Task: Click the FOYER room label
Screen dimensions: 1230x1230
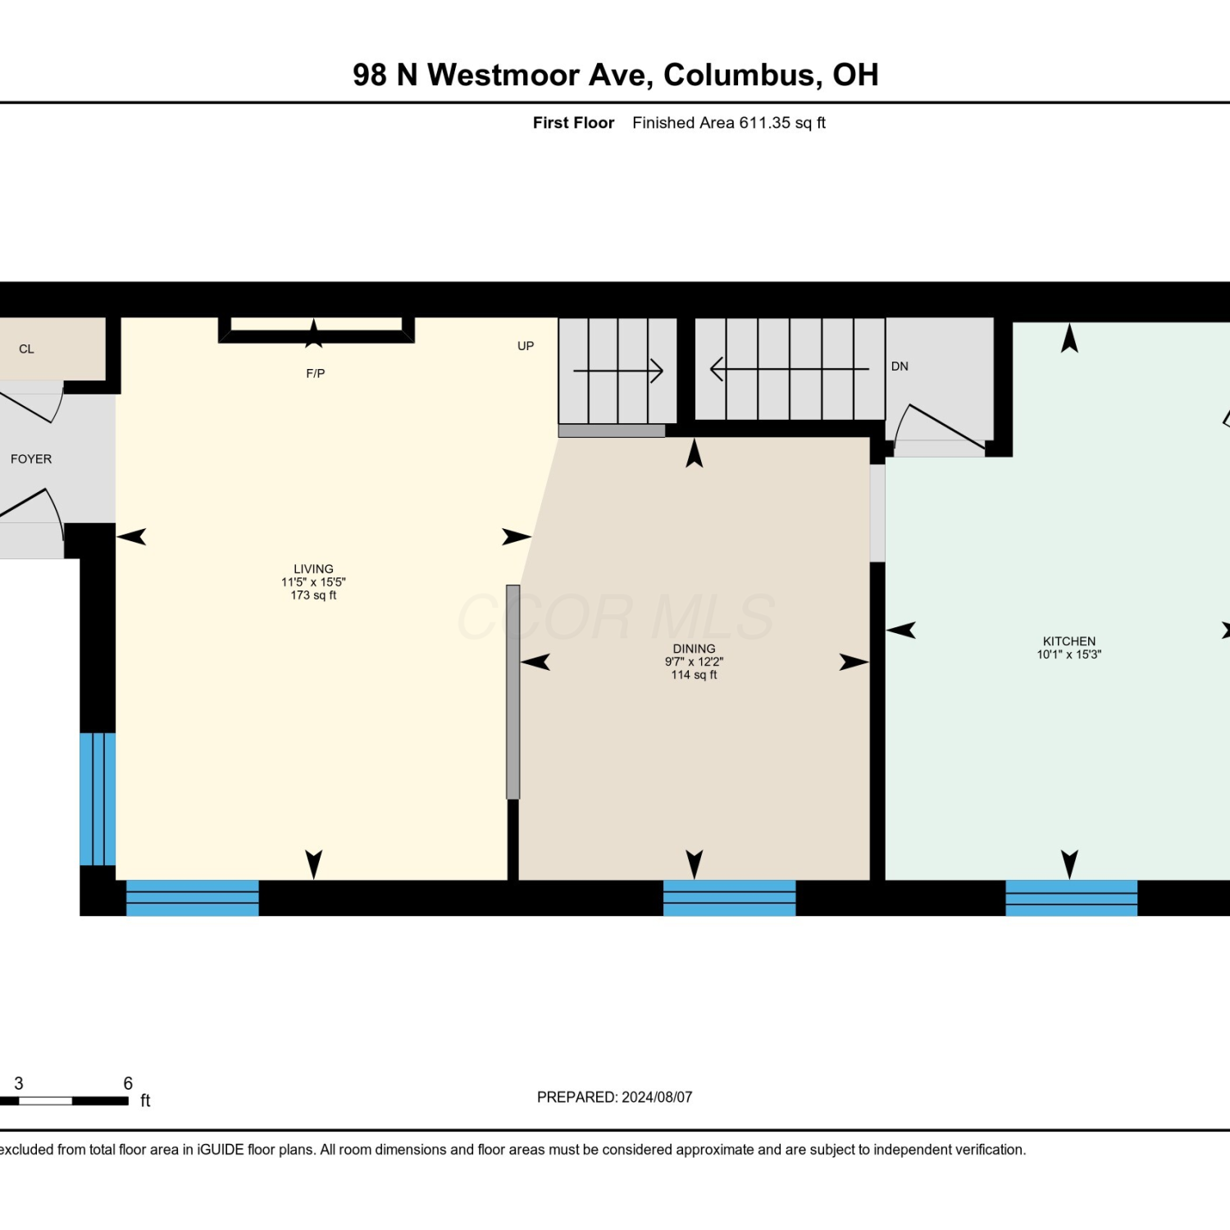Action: [31, 459]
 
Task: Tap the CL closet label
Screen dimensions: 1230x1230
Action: [26, 349]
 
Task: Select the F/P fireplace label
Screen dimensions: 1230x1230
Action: [316, 374]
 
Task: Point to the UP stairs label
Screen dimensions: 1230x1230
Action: [526, 346]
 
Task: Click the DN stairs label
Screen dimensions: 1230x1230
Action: [900, 367]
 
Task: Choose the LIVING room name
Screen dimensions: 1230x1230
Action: [313, 569]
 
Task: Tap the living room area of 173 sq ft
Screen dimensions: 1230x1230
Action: [313, 595]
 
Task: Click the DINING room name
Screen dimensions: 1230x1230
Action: [694, 649]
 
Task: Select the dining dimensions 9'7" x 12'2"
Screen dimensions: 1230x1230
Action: [694, 662]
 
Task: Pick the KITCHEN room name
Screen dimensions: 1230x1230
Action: [1069, 641]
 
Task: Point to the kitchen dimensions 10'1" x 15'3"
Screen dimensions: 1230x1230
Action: [1069, 654]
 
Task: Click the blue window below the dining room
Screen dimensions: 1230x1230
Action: [729, 898]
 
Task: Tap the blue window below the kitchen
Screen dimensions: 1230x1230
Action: [1071, 898]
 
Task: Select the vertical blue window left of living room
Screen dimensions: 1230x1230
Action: [98, 799]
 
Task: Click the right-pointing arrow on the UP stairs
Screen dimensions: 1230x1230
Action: [618, 371]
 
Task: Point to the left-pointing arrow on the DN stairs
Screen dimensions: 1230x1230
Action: [790, 369]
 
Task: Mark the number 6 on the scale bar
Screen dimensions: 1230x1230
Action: [128, 1083]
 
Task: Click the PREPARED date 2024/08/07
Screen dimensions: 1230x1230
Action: [657, 1097]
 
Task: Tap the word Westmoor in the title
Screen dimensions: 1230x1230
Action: [503, 75]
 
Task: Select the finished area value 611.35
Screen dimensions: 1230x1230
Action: [765, 123]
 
